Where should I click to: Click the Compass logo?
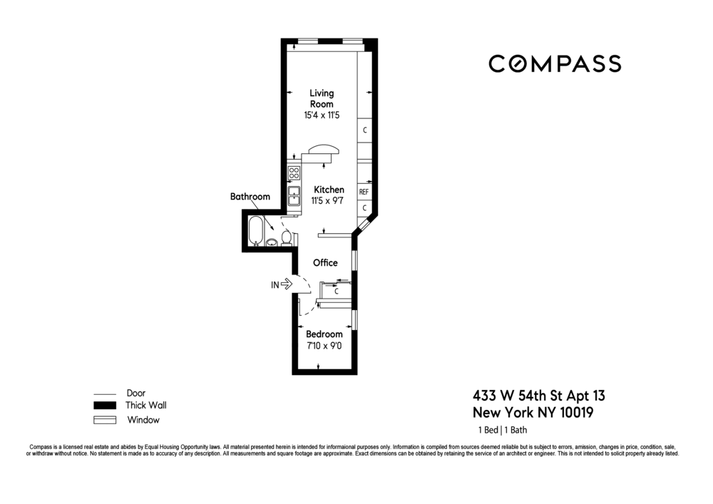[554, 64]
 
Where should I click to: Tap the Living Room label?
[321, 98]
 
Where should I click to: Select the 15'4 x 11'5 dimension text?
[321, 115]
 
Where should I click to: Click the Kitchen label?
[329, 190]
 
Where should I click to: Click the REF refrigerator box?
[364, 192]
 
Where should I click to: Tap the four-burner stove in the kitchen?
[293, 173]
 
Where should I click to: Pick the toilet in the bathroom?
[287, 237]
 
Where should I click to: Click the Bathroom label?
[250, 197]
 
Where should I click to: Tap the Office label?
[325, 263]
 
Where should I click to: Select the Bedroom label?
[324, 334]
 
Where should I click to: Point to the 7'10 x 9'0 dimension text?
[324, 346]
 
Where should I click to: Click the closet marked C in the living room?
[364, 130]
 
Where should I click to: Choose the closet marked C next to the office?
[337, 291]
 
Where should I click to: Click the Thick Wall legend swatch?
[104, 406]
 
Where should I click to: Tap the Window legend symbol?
[104, 420]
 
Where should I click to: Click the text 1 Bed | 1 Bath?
[503, 430]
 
